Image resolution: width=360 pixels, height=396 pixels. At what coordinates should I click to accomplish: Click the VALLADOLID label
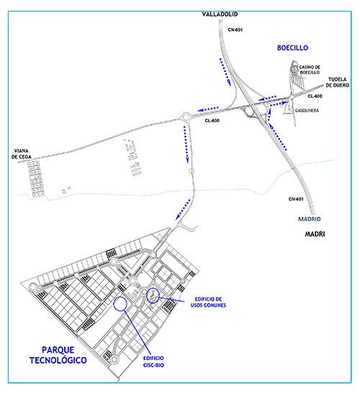coord(220,14)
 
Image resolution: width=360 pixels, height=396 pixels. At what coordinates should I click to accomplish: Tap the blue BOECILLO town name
coord(292,48)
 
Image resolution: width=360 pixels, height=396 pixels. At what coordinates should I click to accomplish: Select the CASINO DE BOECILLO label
coord(310,70)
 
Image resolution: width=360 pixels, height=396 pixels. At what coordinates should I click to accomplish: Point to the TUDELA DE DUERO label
coord(337,82)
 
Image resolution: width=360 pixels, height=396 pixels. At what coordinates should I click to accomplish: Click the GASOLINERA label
coord(307,110)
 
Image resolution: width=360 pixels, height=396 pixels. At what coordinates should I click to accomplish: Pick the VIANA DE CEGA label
coord(22,154)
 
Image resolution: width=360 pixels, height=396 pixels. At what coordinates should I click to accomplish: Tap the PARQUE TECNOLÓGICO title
coord(58,355)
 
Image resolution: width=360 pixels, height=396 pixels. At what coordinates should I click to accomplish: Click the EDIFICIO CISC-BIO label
coord(153,361)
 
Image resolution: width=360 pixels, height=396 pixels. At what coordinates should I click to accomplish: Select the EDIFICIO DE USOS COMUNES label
coord(208,302)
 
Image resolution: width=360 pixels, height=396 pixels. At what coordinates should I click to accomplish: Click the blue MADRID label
coord(309,219)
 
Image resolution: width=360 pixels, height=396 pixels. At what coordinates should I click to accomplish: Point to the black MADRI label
coord(315,234)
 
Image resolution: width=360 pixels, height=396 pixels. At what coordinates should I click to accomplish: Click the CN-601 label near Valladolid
coord(235,30)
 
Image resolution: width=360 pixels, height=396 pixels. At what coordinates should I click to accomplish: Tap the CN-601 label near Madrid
coord(296,199)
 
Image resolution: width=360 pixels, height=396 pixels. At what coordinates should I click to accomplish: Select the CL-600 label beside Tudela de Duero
coord(315,96)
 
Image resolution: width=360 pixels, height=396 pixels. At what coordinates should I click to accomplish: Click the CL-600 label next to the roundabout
coord(212,121)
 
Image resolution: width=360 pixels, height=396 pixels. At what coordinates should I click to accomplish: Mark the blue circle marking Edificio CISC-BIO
coord(120,297)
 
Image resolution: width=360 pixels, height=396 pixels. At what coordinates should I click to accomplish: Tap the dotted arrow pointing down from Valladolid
coord(225,72)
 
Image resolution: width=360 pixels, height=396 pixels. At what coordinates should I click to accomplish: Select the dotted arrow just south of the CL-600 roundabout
coord(186,145)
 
